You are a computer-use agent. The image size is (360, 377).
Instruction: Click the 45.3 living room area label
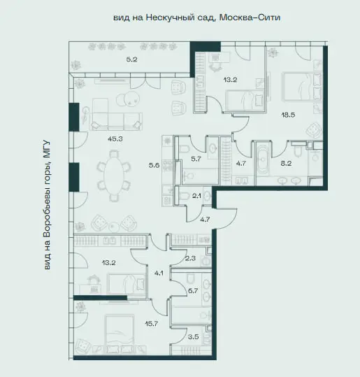click(115, 138)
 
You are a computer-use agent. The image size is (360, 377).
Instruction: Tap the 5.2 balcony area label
click(131, 59)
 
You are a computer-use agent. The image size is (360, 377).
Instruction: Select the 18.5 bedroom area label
click(288, 115)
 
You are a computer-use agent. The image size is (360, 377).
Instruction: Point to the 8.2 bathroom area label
click(286, 164)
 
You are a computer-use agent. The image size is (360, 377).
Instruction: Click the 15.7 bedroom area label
click(152, 324)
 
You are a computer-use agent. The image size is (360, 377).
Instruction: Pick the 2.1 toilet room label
click(196, 196)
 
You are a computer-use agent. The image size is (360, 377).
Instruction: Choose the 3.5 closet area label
click(193, 337)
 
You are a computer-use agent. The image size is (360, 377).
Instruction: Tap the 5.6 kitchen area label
click(154, 165)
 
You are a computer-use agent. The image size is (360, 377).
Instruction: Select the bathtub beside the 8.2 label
click(264, 160)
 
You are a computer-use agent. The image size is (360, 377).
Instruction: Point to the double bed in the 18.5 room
click(301, 86)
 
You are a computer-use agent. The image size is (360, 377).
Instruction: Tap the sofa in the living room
click(116, 114)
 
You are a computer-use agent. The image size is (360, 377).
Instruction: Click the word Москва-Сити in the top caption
click(250, 17)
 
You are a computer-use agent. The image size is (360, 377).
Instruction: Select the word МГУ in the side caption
click(47, 149)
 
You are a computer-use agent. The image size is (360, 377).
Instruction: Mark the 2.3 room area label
click(190, 259)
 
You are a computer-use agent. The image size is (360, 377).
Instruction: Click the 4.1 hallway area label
click(159, 273)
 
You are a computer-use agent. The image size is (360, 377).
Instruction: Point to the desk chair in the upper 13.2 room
click(215, 67)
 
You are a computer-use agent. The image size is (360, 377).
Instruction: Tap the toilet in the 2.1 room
click(185, 196)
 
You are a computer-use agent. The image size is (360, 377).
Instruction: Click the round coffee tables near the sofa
click(128, 99)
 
